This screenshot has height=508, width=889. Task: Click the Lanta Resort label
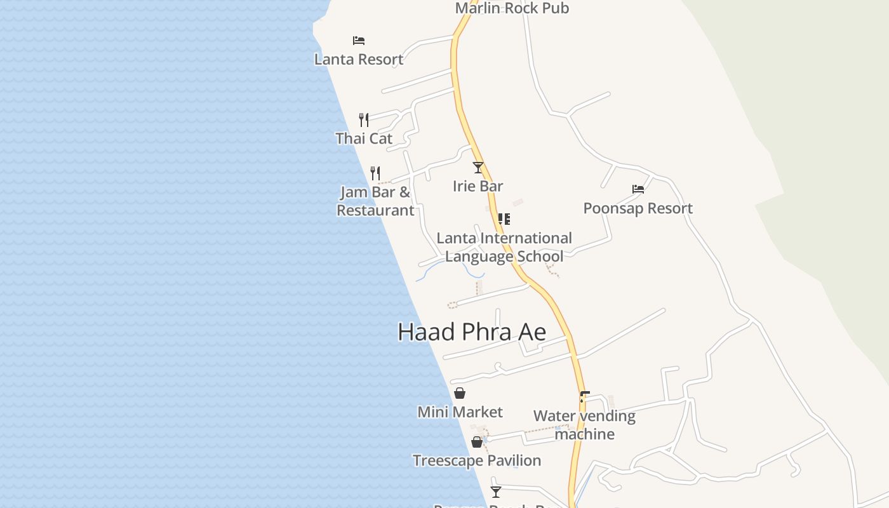(359, 59)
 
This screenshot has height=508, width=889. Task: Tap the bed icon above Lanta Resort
(359, 41)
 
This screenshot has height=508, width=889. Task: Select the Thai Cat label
(364, 138)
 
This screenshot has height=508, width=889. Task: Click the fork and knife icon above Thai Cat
(364, 119)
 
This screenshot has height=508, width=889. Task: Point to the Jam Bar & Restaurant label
(375, 201)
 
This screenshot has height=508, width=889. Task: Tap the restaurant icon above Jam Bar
(375, 173)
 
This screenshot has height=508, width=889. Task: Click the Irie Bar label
(478, 186)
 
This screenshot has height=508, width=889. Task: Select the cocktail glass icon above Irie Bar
(478, 168)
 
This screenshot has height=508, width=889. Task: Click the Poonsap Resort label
(638, 208)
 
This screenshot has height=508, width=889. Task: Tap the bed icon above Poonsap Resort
(638, 189)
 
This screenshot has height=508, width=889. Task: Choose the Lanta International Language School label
(504, 247)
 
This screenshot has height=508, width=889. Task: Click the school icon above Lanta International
(504, 219)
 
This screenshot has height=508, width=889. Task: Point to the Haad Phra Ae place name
(472, 331)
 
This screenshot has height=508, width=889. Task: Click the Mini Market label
(460, 412)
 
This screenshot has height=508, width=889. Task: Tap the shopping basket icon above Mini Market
(460, 393)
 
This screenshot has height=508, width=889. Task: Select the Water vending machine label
(584, 425)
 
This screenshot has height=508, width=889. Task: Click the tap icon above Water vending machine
(584, 397)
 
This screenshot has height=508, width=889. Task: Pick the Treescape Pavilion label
(477, 460)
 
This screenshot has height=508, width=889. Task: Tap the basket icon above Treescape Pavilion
(477, 442)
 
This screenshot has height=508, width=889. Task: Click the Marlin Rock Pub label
(512, 8)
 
